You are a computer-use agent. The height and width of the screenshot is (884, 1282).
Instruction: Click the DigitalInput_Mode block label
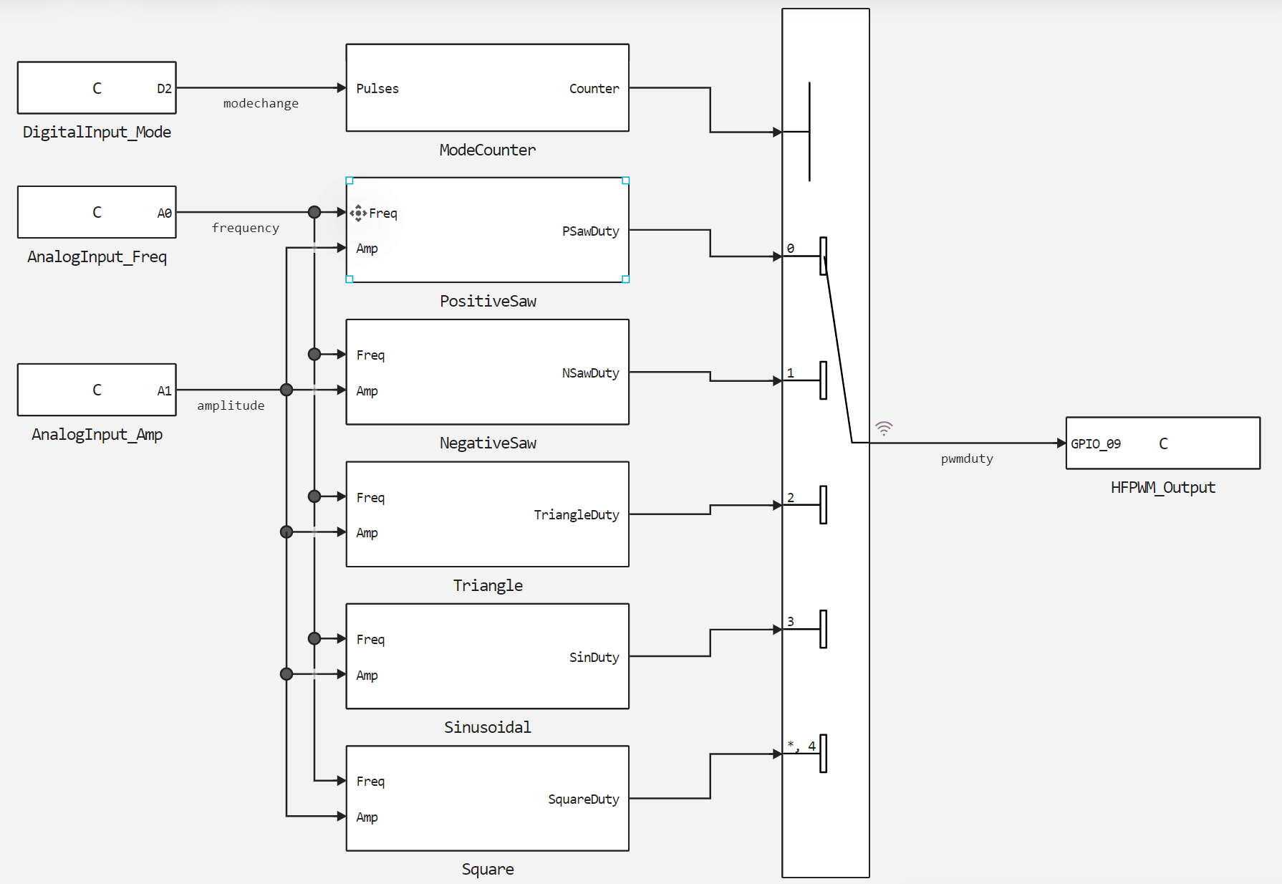(x=97, y=132)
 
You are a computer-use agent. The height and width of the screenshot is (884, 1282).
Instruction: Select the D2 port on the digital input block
(x=164, y=89)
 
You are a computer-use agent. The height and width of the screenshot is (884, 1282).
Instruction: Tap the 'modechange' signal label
(x=261, y=103)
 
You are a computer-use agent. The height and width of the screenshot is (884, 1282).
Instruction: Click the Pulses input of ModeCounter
(x=377, y=89)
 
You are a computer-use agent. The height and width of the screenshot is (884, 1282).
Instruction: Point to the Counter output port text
(x=594, y=89)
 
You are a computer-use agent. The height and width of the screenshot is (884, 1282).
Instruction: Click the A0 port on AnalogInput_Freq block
(x=164, y=213)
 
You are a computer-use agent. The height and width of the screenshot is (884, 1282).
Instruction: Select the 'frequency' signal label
(x=245, y=228)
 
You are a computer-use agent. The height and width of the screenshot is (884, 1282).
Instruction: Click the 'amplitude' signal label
(x=231, y=405)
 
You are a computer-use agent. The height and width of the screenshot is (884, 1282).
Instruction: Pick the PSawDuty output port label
(x=590, y=231)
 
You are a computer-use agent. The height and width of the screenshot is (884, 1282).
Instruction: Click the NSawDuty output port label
(x=590, y=373)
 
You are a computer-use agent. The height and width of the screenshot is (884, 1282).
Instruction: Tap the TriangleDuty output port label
(x=576, y=515)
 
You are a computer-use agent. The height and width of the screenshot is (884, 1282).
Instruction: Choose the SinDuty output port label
(x=594, y=658)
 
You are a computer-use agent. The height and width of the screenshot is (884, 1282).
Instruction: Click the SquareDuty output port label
(x=583, y=799)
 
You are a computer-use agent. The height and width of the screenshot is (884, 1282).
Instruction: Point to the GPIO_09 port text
(x=1096, y=444)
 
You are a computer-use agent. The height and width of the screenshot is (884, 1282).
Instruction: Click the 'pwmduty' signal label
(x=967, y=459)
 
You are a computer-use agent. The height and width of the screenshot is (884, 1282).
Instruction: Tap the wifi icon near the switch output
(x=884, y=428)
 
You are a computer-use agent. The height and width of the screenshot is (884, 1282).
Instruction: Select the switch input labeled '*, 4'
(x=801, y=746)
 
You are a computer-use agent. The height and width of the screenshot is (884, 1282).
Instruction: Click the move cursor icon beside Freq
(x=358, y=213)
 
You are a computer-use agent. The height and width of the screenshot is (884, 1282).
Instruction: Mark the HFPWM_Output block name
(x=1162, y=488)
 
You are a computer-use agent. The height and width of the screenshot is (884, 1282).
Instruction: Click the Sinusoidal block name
(x=487, y=728)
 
